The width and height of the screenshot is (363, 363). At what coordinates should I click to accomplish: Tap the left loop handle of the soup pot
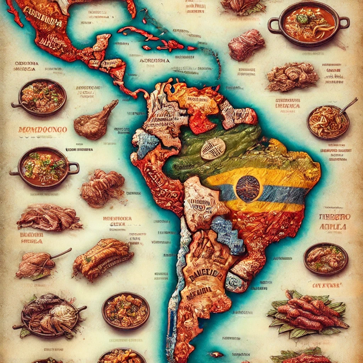point(273,24)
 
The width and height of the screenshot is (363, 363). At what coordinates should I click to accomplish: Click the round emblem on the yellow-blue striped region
point(248,189)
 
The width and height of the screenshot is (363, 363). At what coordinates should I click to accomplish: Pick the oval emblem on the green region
point(213,149)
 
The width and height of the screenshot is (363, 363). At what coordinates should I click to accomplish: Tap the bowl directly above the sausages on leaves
point(325,258)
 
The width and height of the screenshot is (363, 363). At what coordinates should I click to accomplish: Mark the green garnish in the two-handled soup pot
point(302,18)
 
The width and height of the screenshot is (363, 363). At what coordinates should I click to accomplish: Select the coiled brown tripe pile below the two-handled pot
point(292,77)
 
